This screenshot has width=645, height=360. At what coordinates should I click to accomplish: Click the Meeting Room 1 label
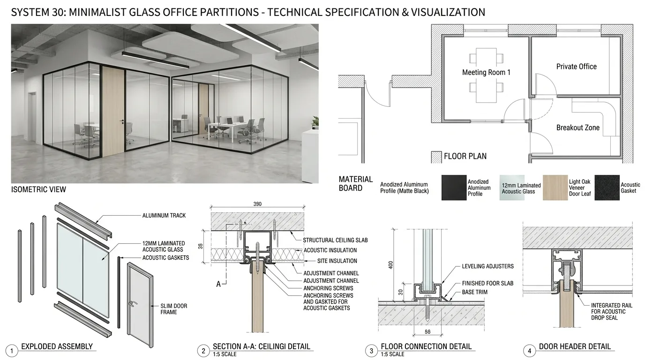(486, 72)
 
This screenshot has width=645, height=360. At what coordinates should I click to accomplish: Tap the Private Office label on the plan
(576, 67)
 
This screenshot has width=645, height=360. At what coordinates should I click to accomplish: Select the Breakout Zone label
(577, 127)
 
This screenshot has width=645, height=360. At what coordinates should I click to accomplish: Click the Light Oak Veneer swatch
(555, 187)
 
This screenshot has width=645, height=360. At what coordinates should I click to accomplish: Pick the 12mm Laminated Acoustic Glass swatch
(512, 187)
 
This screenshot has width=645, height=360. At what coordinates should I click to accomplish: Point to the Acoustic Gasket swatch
(607, 187)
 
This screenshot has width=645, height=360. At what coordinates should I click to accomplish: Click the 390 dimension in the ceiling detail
(257, 204)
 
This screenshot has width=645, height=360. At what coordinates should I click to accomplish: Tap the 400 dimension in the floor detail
(391, 265)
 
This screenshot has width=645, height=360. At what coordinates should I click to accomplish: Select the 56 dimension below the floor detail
(427, 332)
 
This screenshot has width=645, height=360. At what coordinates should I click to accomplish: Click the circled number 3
(371, 351)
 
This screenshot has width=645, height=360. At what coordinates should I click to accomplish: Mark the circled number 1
(12, 351)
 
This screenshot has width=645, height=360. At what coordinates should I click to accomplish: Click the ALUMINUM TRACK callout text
(164, 216)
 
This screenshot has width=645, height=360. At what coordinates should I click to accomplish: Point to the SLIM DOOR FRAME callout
(173, 309)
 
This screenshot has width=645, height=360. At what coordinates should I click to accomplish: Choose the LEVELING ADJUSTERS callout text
(488, 266)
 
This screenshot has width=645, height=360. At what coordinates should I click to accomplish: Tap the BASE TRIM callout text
(474, 292)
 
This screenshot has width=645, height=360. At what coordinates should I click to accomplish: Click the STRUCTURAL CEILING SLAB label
(335, 240)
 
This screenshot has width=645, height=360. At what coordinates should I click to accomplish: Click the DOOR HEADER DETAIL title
(575, 346)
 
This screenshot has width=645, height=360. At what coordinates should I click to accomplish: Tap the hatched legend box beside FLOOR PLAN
(436, 157)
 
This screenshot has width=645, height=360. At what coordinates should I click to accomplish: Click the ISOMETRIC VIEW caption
(38, 189)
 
